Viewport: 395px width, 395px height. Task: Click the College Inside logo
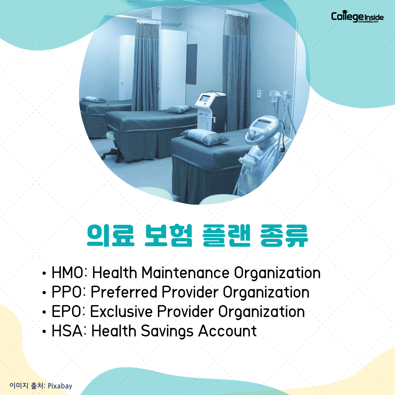[357, 16]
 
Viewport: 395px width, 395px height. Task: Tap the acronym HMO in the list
[67, 273]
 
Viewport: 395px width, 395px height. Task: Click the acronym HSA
[67, 330]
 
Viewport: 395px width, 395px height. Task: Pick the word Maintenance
[186, 273]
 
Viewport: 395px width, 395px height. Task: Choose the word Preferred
[124, 292]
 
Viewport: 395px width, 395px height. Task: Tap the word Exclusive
[121, 311]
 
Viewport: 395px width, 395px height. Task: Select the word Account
[227, 331]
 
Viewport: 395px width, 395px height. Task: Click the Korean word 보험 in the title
[168, 235]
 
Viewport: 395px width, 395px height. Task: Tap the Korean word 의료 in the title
[111, 235]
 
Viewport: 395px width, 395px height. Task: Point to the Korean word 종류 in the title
[284, 235]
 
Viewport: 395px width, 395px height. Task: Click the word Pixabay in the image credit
[60, 386]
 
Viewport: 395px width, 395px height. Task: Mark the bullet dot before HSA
[44, 331]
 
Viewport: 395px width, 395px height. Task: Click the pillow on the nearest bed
[205, 137]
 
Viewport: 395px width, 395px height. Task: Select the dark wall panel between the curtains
[192, 64]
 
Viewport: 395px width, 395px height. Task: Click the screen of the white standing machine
[205, 98]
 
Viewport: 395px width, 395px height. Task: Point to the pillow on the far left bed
[93, 99]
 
